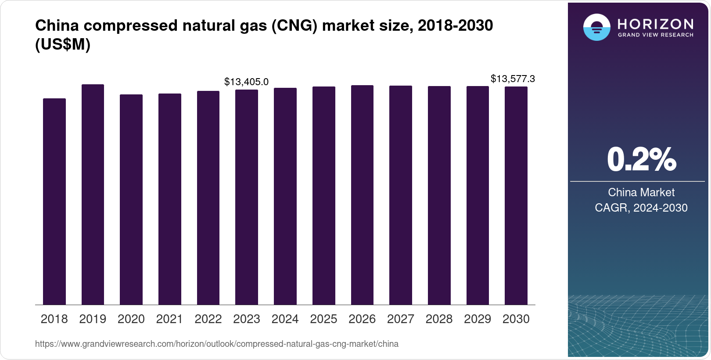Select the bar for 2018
(x=54, y=202)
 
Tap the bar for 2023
(x=247, y=197)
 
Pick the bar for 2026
(x=362, y=195)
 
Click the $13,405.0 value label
(x=246, y=82)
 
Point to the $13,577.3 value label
(x=513, y=79)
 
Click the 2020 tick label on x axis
(x=131, y=319)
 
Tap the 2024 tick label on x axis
(x=285, y=319)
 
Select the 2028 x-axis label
(x=439, y=319)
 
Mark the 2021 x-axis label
(x=169, y=319)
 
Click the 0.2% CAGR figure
(x=641, y=159)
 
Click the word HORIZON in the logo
(x=655, y=24)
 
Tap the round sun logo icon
(x=596, y=28)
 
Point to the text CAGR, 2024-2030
(x=641, y=208)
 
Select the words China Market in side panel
(x=641, y=192)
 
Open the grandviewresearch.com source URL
(x=217, y=344)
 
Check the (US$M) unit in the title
(x=63, y=44)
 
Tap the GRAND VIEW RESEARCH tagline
(x=655, y=35)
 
